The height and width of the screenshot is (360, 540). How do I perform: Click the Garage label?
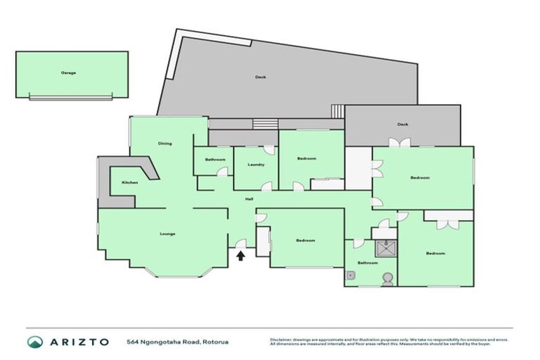point(68,72)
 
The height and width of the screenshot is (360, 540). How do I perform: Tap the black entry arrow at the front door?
point(240,256)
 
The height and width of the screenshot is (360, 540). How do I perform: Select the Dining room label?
point(165,143)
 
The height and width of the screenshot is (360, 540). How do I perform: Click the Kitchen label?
point(130,182)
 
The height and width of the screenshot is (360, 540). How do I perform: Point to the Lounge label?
point(167,233)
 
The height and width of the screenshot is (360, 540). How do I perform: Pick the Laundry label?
point(256,165)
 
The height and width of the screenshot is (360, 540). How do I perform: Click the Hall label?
point(250,199)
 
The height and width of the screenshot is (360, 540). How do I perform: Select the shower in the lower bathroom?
point(385,248)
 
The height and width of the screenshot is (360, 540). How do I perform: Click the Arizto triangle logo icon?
point(35,342)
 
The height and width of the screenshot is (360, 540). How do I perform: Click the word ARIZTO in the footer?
point(79,342)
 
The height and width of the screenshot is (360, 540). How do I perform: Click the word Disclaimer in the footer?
point(280,338)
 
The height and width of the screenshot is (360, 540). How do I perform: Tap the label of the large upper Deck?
point(260,77)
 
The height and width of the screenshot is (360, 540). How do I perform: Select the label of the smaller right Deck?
point(403,124)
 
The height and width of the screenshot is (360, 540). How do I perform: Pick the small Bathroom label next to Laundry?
point(215,160)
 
